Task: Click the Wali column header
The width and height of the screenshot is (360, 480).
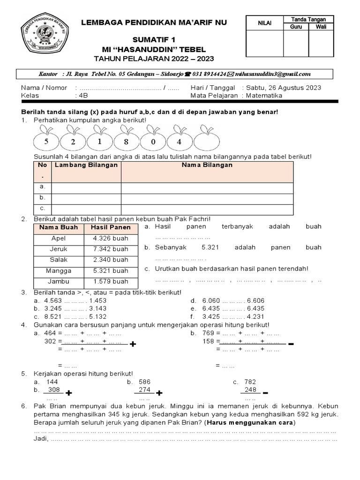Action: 321,27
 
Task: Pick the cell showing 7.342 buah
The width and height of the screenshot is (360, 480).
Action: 111,249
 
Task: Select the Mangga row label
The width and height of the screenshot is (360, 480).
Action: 59,270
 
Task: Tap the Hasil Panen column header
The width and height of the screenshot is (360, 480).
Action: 111,227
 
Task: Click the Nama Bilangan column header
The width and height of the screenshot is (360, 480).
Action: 207,165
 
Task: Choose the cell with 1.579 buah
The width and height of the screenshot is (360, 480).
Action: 111,281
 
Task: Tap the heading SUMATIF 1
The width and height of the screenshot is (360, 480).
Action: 154,40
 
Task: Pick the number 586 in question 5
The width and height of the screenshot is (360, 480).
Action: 144,382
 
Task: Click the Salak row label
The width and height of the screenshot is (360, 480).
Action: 59,260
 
